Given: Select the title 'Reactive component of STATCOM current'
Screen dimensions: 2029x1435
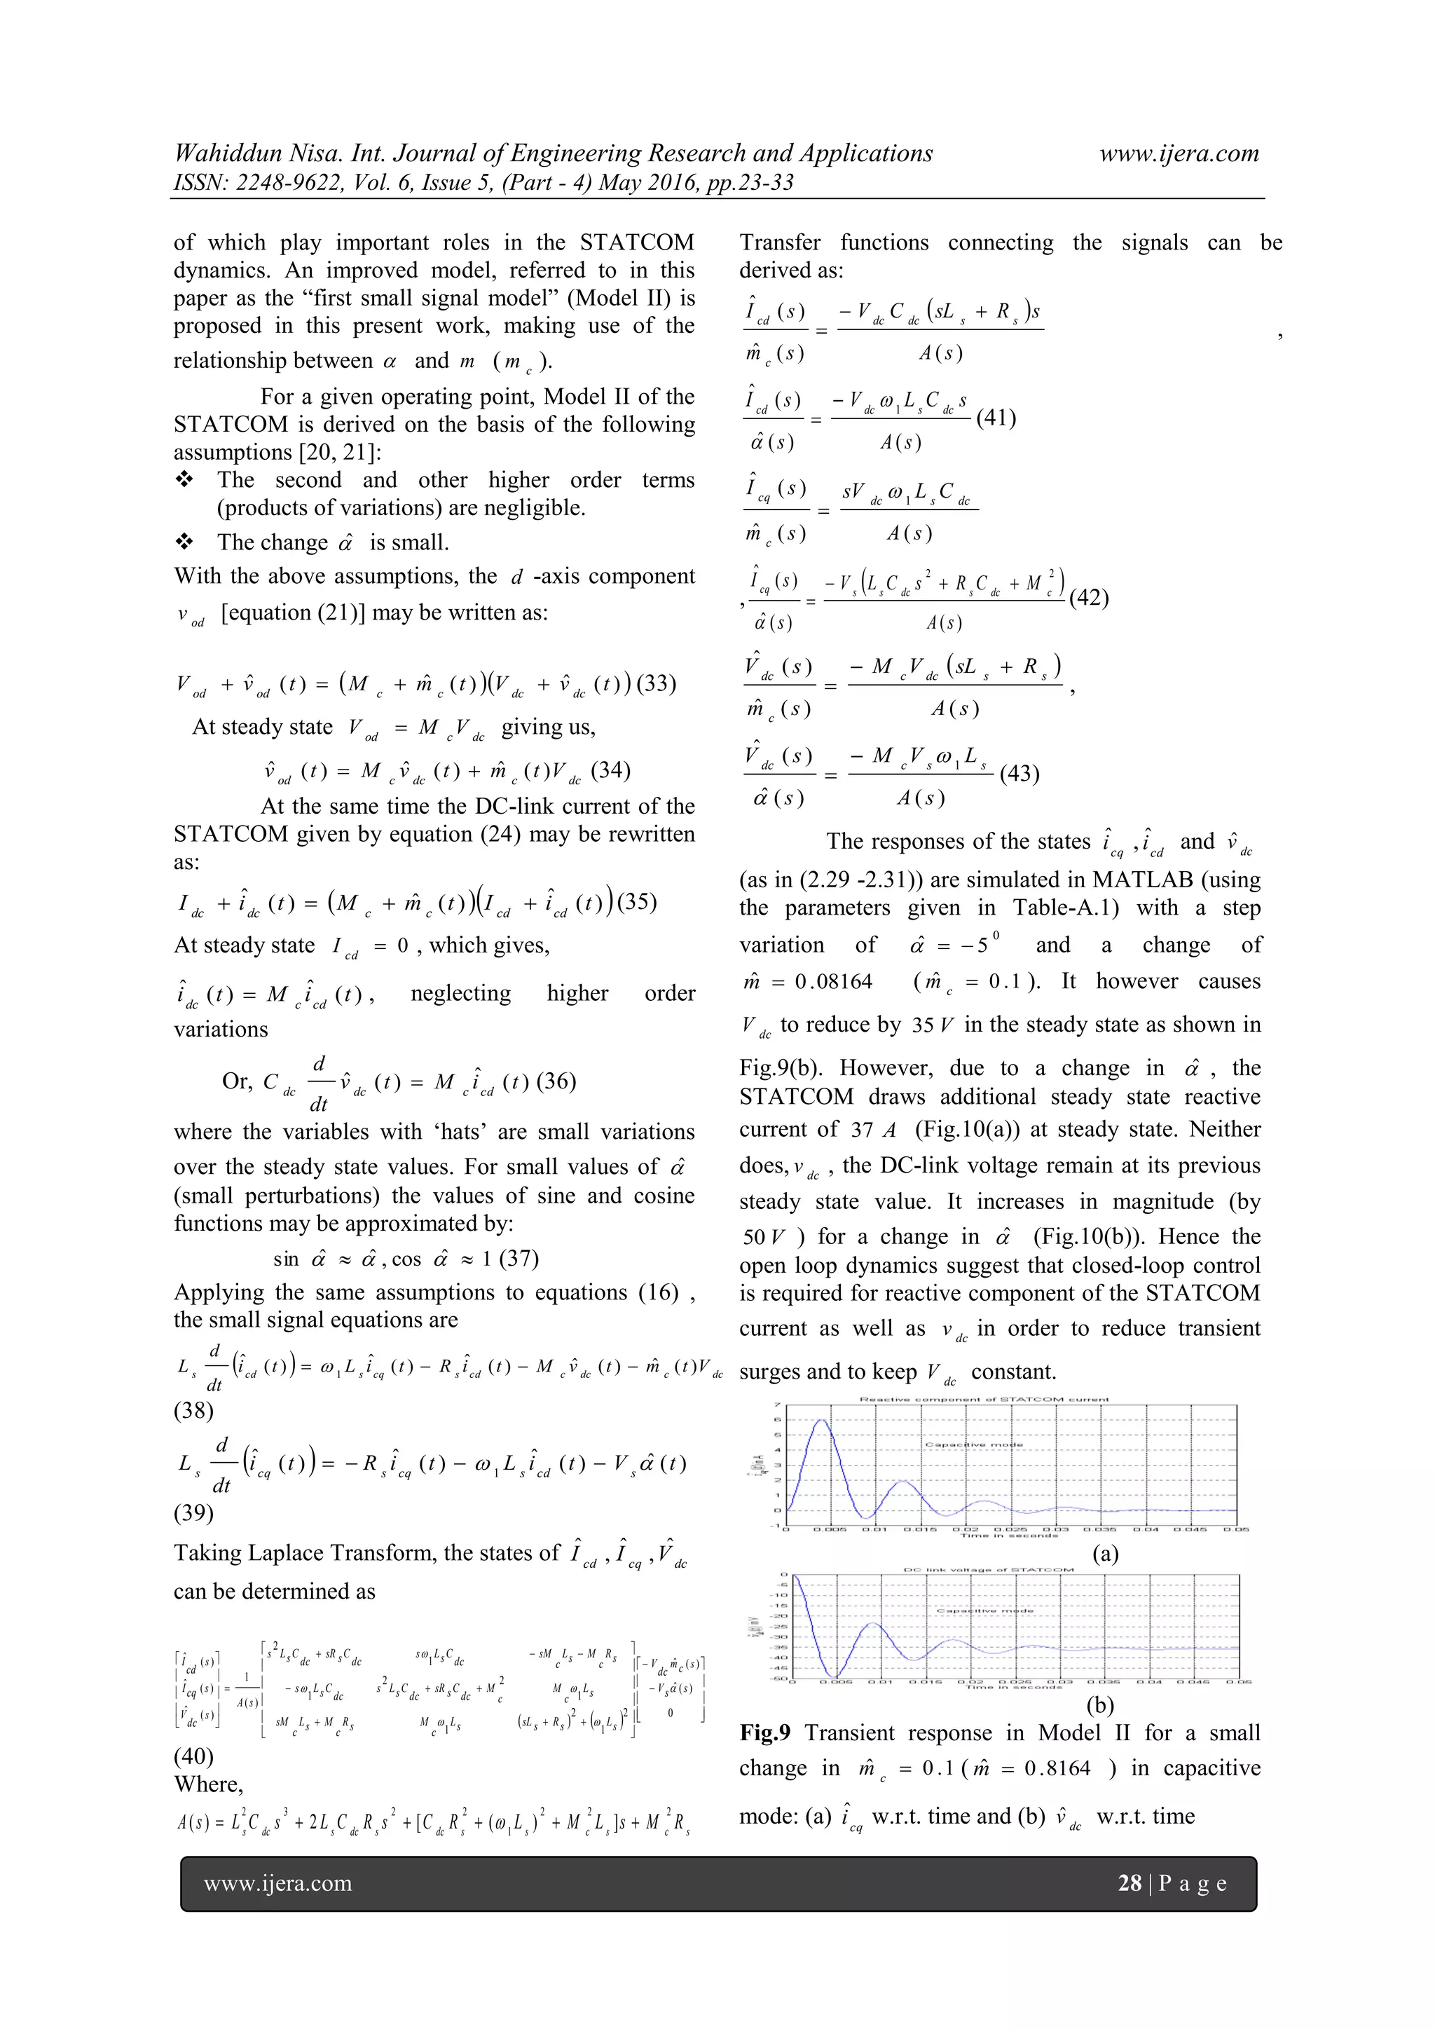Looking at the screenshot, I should click(x=984, y=1400).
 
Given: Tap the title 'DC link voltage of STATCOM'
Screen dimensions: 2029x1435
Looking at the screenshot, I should click(x=988, y=1571).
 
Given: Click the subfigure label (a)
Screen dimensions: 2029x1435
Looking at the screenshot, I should click(x=1104, y=1552).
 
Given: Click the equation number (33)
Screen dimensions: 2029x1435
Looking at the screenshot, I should click(x=656, y=684).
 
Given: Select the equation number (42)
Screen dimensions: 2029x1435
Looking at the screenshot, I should click(x=1089, y=599).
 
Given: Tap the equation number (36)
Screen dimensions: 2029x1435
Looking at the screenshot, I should click(x=555, y=1081).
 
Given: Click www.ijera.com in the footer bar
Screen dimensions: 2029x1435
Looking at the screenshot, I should click(x=277, y=1883).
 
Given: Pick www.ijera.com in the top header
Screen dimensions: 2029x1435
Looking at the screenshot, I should click(x=1179, y=153).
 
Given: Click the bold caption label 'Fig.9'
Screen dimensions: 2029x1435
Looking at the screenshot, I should click(x=765, y=1733).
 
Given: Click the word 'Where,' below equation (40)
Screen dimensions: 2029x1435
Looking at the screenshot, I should click(x=209, y=1784).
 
